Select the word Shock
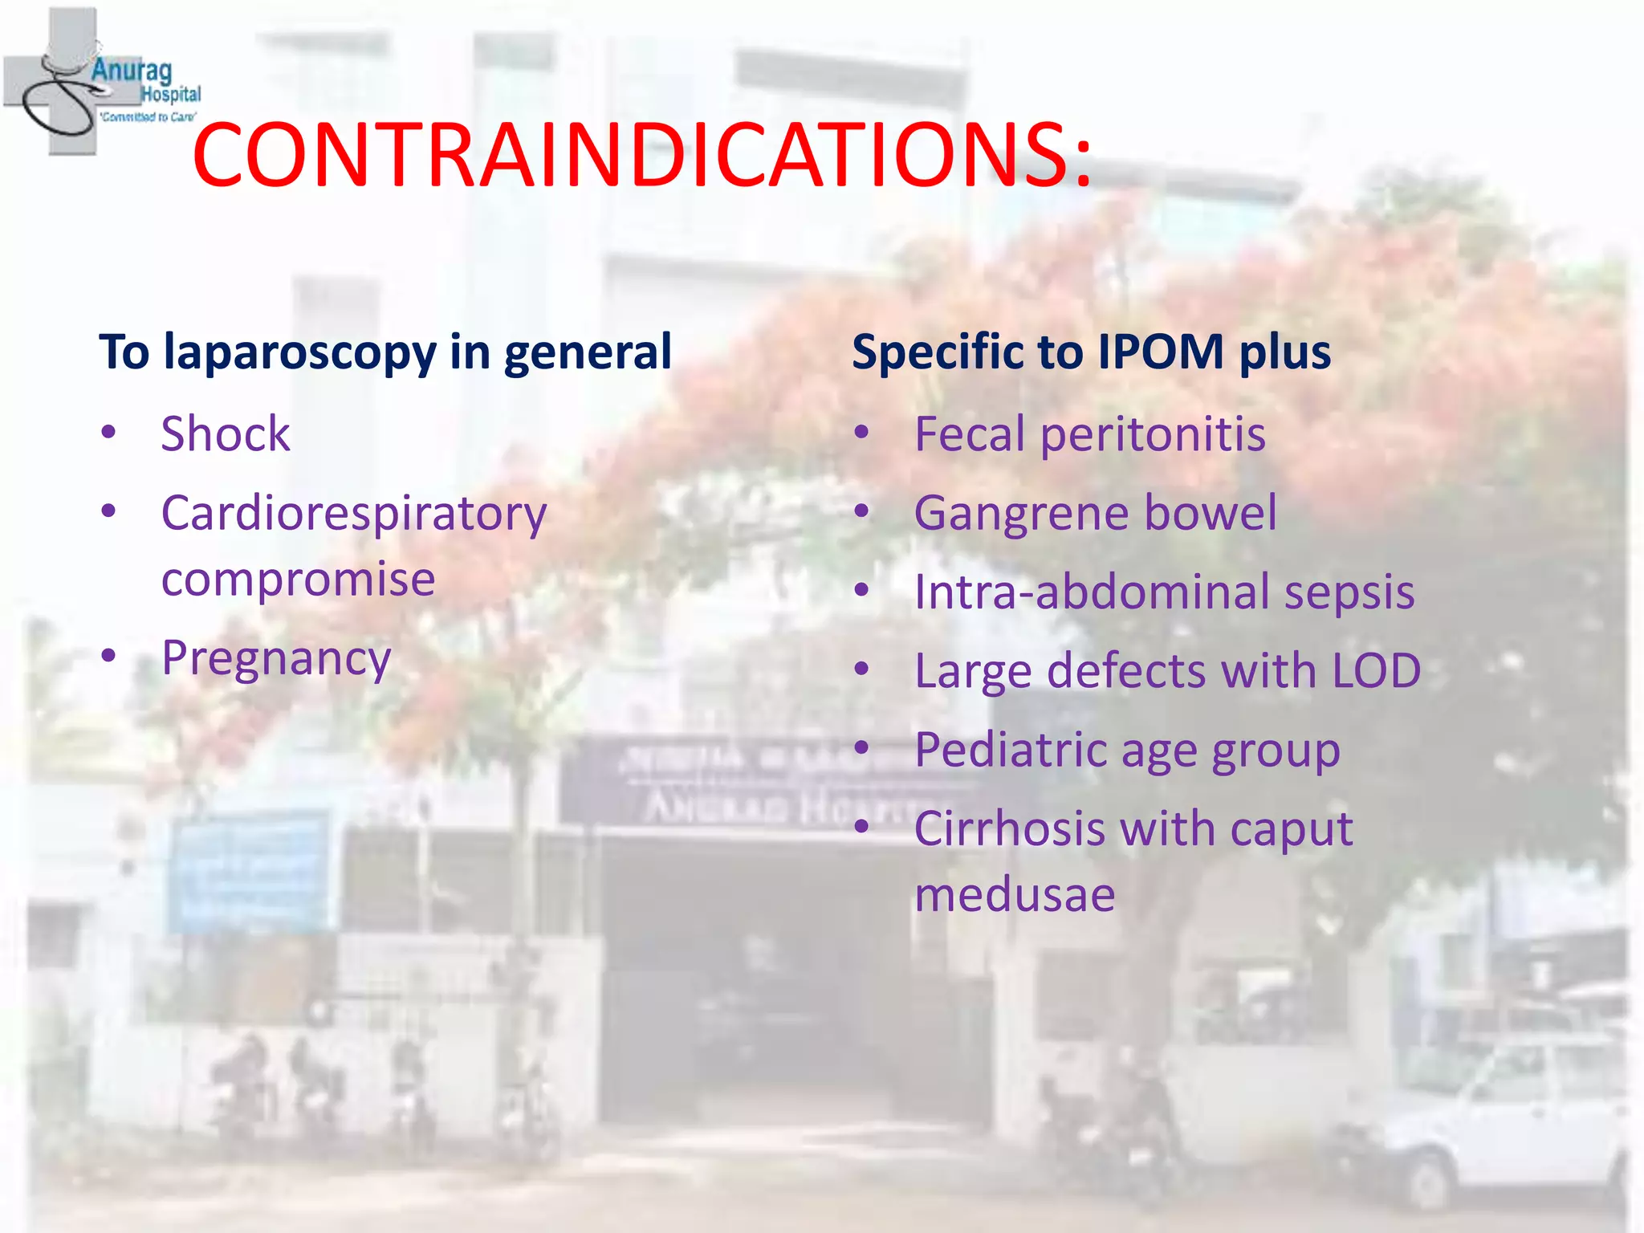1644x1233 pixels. point(226,434)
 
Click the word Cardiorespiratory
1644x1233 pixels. point(354,514)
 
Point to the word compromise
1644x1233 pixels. point(298,579)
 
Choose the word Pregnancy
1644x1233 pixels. point(276,659)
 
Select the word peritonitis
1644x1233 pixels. point(1153,434)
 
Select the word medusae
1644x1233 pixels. point(1015,894)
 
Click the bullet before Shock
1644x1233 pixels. point(109,433)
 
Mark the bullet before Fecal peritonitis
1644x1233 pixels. point(861,433)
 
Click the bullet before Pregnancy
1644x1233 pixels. point(109,656)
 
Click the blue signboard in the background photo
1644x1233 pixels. point(249,871)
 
